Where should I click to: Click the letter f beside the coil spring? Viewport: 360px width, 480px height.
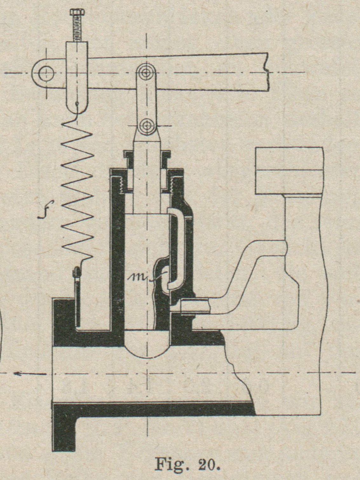(x=45, y=210)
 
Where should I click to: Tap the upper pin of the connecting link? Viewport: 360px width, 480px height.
(x=146, y=73)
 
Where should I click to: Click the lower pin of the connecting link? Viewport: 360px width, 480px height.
(x=146, y=126)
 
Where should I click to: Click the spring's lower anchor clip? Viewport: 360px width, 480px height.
(x=76, y=273)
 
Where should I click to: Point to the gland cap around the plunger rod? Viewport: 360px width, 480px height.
(x=146, y=156)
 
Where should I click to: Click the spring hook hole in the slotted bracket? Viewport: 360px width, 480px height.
(x=77, y=103)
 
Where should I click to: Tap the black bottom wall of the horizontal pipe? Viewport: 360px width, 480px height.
(x=153, y=409)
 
